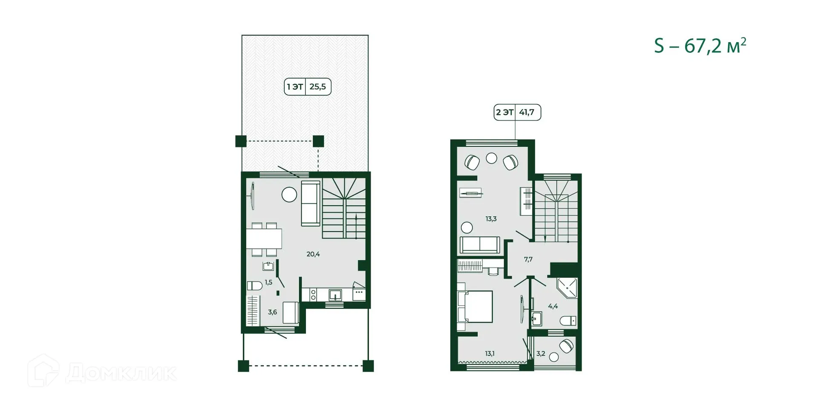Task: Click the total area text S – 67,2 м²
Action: [700, 46]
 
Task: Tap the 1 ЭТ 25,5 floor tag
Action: [307, 87]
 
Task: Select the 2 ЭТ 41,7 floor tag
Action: [517, 112]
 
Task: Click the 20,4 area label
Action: [313, 254]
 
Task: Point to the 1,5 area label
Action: [268, 282]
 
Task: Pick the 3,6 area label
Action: [272, 312]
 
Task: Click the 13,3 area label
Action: [491, 219]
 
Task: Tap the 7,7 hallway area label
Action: [528, 259]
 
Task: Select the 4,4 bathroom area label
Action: [553, 306]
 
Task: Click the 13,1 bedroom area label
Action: [490, 354]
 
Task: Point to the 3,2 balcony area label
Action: [541, 354]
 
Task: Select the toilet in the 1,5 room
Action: [254, 285]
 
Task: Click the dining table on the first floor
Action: [264, 239]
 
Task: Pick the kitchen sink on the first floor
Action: [335, 294]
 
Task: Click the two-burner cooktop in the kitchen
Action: [313, 294]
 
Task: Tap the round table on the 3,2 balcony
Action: [554, 357]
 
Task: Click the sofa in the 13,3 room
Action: [480, 245]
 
